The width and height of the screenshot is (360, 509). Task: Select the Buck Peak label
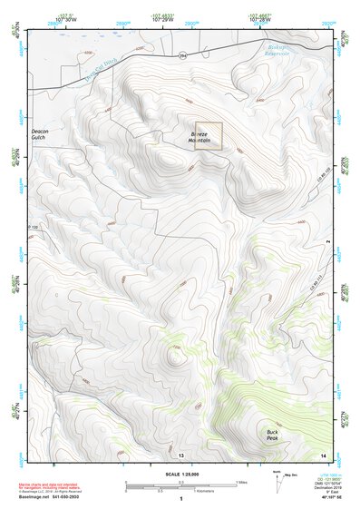coord(272,435)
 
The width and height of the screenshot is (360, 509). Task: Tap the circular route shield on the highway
coord(181,57)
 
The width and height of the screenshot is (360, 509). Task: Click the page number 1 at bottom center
coord(181,499)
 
